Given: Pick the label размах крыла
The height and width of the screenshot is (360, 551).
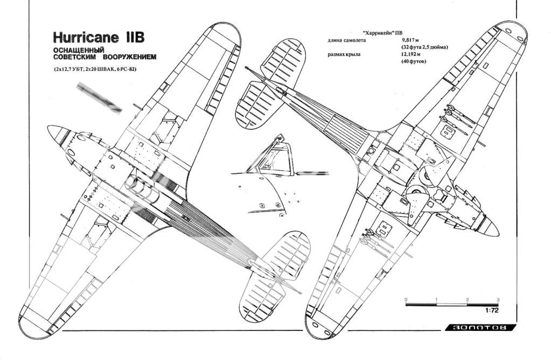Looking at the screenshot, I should pyautogui.click(x=346, y=54).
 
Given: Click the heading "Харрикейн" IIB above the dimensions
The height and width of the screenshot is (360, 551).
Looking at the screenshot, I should pyautogui.click(x=375, y=33).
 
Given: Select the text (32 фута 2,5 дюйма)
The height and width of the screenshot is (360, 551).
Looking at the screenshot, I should pyautogui.click(x=425, y=47).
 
